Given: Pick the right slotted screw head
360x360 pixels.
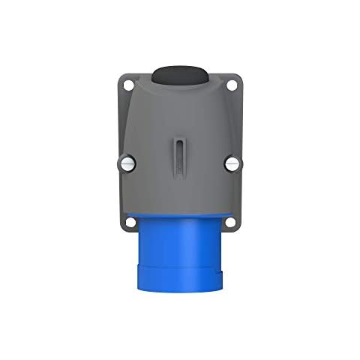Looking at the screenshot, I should pos(232,162).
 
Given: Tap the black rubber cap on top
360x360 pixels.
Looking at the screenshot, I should pos(180,76).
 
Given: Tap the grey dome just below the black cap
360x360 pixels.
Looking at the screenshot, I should pos(180,101).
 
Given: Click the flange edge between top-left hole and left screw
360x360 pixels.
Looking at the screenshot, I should pos(125,124).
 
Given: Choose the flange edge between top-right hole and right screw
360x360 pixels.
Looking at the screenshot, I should pos(235,124).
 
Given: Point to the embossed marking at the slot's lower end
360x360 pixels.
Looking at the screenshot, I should pos(180,174).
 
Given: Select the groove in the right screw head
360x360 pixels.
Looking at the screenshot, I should pos(232,162).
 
